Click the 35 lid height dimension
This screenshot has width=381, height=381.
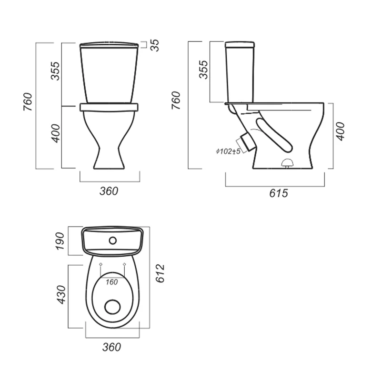pos(155,45)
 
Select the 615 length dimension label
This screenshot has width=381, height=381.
pos(279,193)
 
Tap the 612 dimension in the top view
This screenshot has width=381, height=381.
pos(160,273)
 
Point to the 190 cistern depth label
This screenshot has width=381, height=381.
pos(60,241)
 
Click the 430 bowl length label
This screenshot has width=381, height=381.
pos(61,295)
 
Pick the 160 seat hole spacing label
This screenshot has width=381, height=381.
pos(112,282)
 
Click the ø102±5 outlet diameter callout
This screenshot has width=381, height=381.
pos(228,151)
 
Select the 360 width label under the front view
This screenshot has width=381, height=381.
pos(109,191)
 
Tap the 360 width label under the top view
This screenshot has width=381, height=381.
pos(111,347)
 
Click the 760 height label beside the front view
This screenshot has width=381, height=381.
pos(28,102)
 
